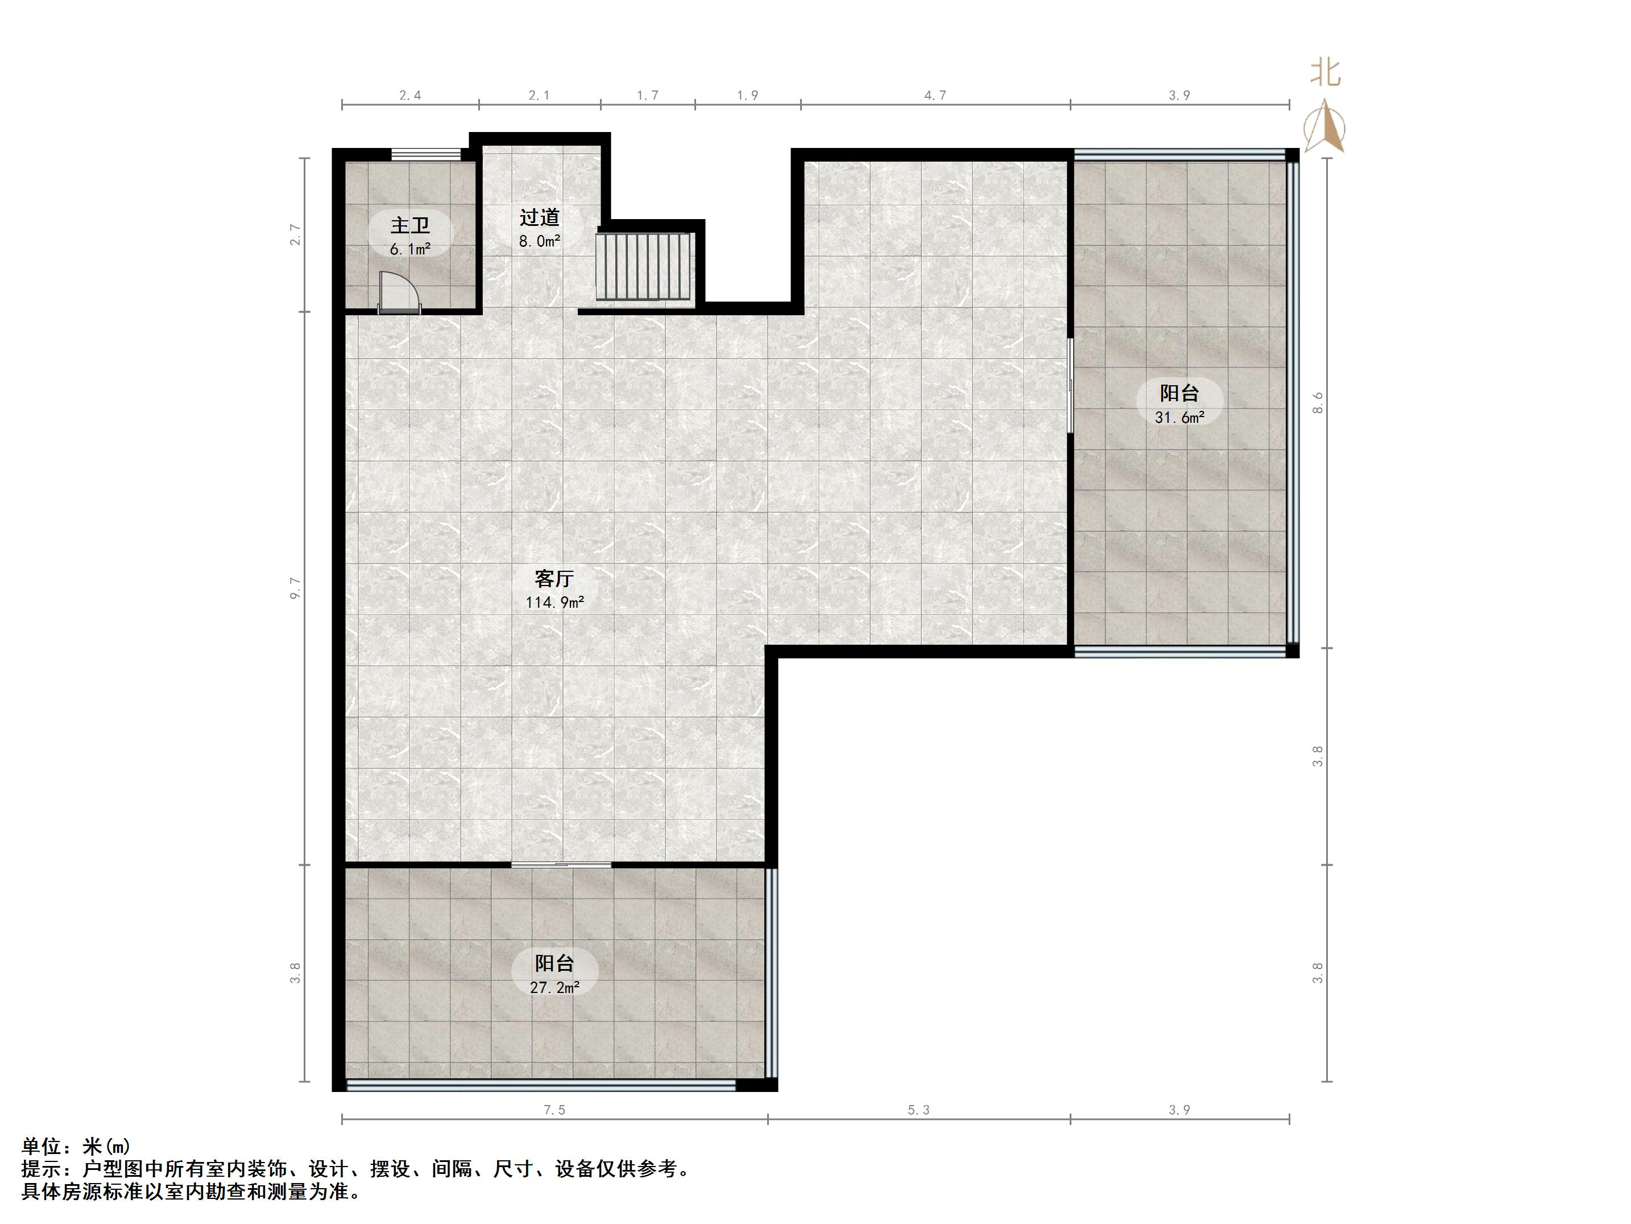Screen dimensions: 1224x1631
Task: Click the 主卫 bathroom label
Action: [x=410, y=224]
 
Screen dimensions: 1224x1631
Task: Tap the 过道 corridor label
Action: [x=539, y=217]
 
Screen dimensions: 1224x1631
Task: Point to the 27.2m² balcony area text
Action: [x=554, y=987]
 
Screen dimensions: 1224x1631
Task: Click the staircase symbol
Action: [x=644, y=267]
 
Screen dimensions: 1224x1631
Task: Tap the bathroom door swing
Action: [x=399, y=291]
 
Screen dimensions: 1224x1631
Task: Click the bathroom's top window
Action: [x=425, y=154]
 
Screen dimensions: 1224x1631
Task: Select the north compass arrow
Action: [x=1325, y=129]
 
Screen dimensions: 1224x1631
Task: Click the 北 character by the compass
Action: [x=1325, y=73]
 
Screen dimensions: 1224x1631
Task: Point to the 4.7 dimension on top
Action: [x=935, y=95]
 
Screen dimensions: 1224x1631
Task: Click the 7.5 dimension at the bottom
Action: [x=554, y=1110]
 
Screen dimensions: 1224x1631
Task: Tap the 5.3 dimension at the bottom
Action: [x=919, y=1110]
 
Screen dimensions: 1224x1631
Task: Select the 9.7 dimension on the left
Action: [x=296, y=587]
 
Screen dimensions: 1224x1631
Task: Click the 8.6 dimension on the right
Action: [x=1318, y=403]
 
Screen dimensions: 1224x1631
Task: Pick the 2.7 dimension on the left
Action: [x=296, y=234]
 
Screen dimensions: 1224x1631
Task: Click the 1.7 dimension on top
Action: [x=647, y=95]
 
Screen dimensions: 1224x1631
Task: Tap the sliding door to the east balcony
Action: [x=1071, y=385]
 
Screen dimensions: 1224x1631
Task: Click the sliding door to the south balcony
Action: [x=561, y=864]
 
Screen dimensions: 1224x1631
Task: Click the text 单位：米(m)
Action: [x=76, y=1146]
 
